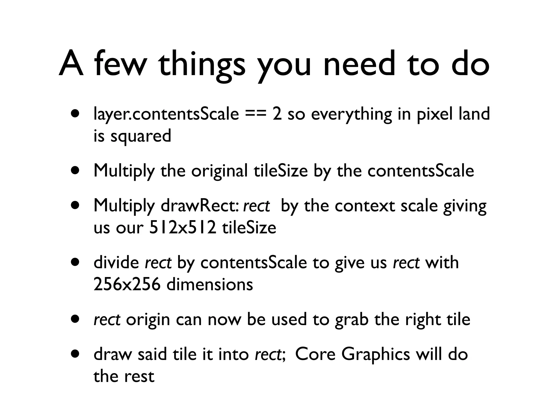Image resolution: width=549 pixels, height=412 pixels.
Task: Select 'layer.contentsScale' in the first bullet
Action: coord(166,114)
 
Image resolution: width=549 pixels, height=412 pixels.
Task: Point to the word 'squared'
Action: coord(141,136)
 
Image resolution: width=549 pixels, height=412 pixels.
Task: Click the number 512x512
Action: coord(182,228)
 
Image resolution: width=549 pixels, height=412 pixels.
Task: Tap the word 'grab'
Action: coord(351,320)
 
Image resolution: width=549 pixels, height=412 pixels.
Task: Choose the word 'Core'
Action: coord(315,354)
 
